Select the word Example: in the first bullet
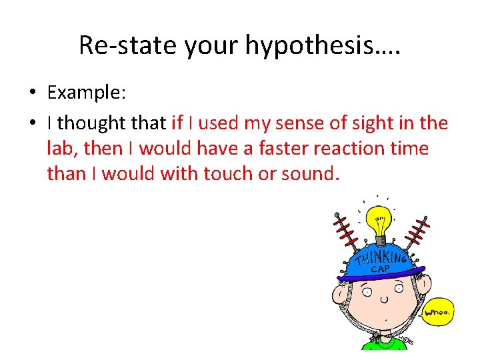pyautogui.click(x=86, y=93)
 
